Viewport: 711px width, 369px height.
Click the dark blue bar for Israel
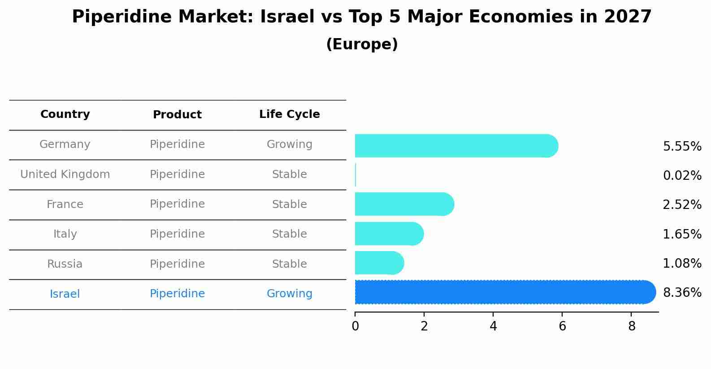[x=504, y=292]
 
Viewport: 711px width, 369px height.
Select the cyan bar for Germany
[x=455, y=146]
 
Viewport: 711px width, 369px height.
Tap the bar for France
[x=403, y=204]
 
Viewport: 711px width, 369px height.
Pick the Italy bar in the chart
[x=388, y=234]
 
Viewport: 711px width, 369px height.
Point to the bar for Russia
[x=379, y=263]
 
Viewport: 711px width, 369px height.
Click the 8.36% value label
[x=682, y=293]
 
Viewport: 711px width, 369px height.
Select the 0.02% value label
[x=682, y=176]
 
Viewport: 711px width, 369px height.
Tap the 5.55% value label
[x=682, y=147]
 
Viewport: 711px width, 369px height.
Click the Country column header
[x=65, y=114]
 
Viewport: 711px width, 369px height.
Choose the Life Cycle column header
[x=289, y=114]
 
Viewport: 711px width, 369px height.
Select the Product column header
[x=177, y=115]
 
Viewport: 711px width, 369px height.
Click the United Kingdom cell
[x=65, y=174]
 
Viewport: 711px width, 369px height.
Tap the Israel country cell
[x=65, y=294]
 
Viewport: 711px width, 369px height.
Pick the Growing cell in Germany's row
[x=289, y=144]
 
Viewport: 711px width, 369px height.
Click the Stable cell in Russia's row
[x=289, y=264]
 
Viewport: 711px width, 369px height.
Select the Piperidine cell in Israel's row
[x=177, y=294]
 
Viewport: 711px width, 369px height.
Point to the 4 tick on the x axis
[x=493, y=326]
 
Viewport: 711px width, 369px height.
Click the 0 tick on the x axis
[x=355, y=326]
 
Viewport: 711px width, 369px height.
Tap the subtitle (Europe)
[x=362, y=44]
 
